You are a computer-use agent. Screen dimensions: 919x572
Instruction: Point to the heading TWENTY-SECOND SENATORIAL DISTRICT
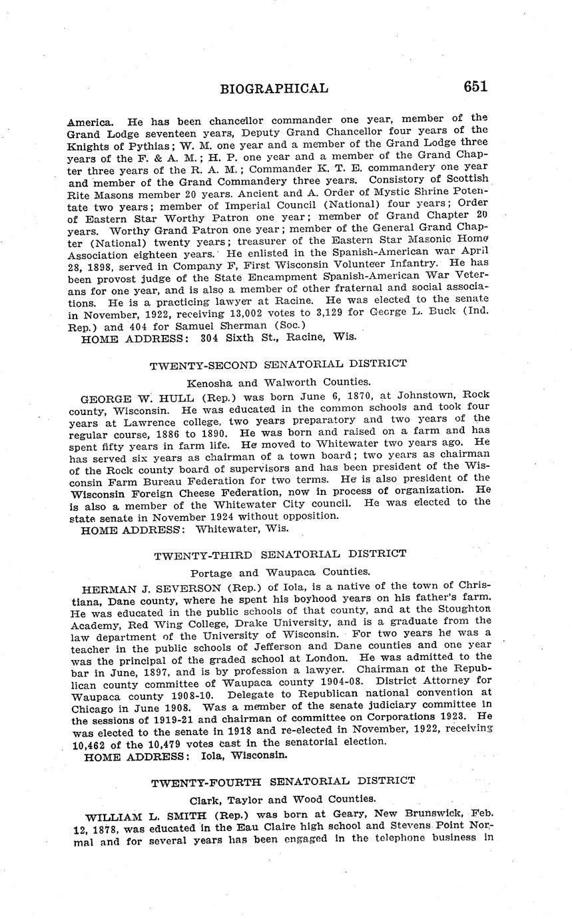pos(278,364)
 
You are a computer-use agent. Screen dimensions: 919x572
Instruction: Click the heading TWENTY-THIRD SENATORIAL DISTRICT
pos(280,554)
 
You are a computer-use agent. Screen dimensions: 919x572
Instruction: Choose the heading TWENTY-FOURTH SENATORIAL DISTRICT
pos(282,781)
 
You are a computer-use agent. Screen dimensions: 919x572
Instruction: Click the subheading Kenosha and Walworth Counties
pos(278,383)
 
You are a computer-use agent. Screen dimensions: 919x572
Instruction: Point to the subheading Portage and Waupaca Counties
pos(280,572)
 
